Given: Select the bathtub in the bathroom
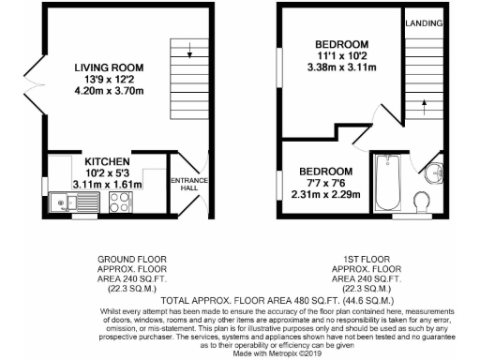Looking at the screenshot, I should [387, 183].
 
